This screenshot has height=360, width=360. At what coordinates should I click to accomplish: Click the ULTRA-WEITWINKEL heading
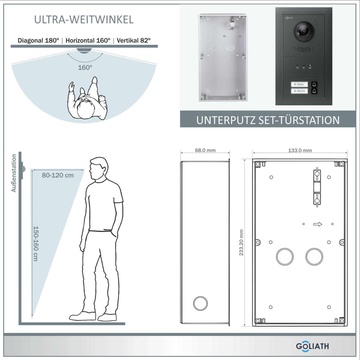point(84,19)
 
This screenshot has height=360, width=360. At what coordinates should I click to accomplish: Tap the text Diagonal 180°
point(38,40)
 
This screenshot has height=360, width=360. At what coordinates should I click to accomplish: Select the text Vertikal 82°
point(133,40)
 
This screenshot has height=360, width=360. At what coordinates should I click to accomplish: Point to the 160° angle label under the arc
point(85,67)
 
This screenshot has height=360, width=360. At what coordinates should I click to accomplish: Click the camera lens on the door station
point(304,31)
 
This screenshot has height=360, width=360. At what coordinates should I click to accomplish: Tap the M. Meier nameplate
point(299,84)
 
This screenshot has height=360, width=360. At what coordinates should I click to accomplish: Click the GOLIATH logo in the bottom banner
point(312,346)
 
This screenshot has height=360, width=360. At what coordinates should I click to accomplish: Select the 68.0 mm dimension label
point(205,150)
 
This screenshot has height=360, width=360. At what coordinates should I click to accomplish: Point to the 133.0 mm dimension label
point(300,150)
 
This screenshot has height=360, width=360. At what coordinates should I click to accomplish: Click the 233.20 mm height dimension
point(241,242)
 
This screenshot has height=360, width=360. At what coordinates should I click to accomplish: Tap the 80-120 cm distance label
point(58,175)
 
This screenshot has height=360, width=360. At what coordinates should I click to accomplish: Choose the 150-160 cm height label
point(35,244)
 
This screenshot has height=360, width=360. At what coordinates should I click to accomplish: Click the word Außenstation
point(14,173)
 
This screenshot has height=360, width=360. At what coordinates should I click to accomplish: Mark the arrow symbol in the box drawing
point(318,224)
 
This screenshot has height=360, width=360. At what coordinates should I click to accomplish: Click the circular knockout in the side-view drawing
point(200,303)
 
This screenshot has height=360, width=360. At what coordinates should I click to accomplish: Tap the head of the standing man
point(99,168)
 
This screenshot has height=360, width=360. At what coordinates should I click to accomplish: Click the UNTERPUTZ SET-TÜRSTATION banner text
point(268,120)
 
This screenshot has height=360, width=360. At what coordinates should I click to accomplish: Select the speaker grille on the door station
point(304,49)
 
